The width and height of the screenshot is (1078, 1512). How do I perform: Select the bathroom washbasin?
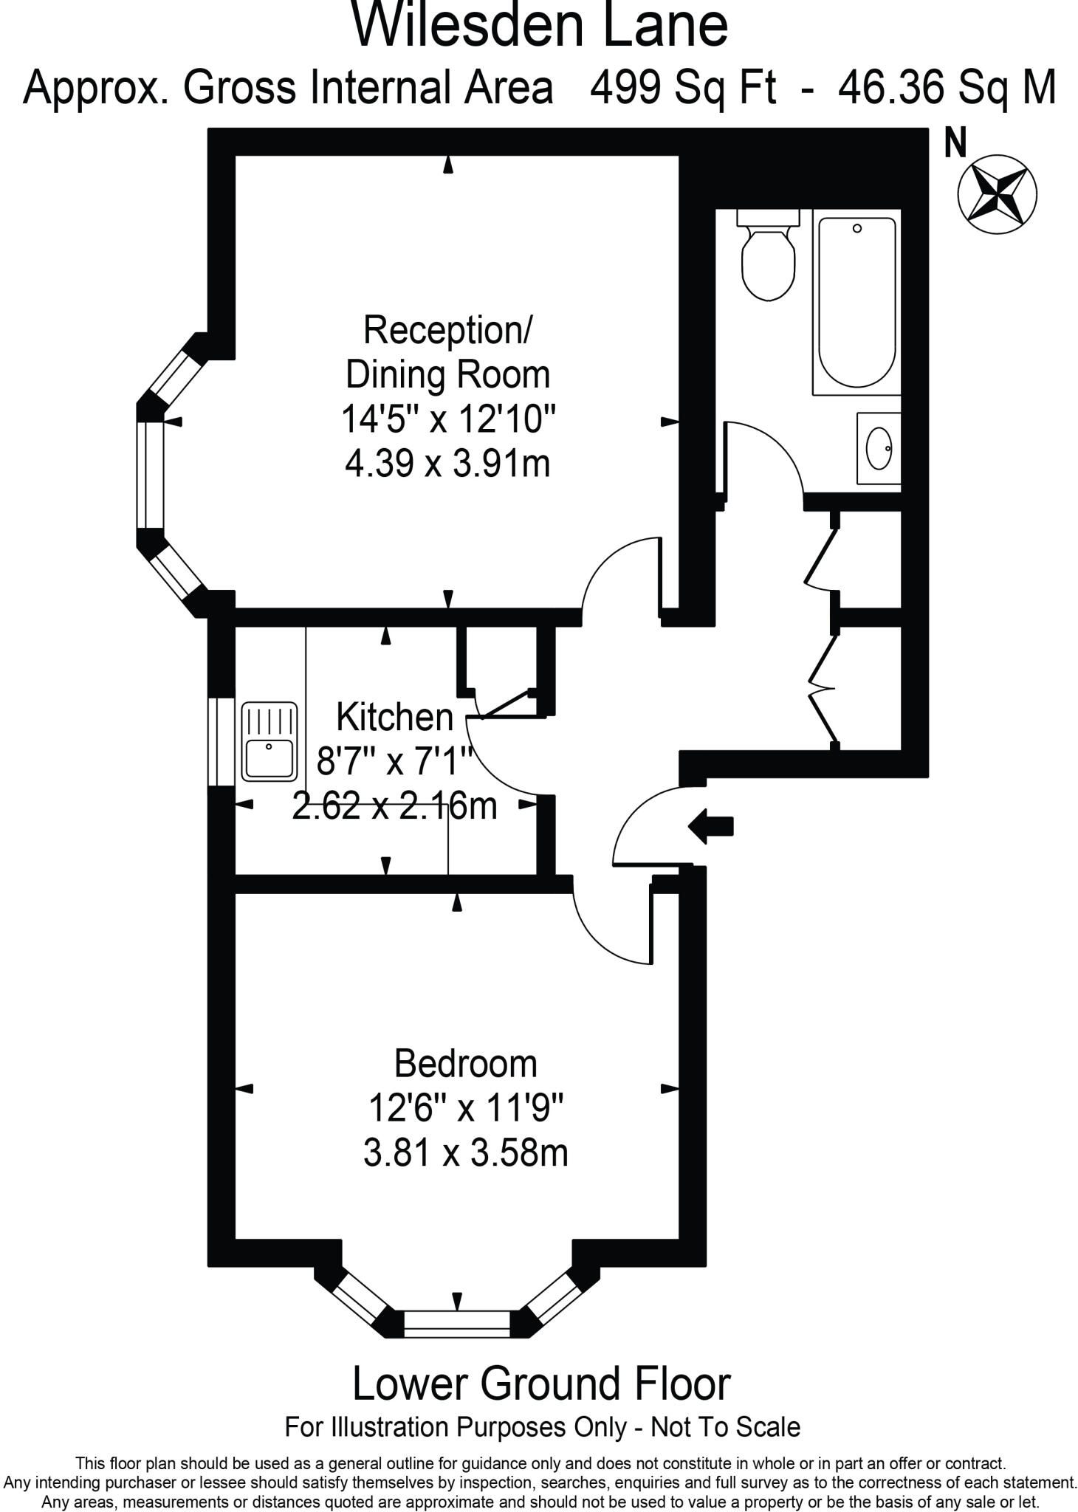point(879,448)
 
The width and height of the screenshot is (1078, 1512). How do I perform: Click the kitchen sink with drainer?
point(269,741)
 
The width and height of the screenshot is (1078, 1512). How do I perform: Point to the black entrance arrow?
point(710,825)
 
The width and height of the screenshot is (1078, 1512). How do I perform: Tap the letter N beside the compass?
point(955,143)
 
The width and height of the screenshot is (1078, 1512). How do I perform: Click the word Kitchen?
point(394,717)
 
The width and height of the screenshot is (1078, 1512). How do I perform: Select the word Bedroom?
point(465,1064)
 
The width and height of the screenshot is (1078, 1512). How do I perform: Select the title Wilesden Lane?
point(540,26)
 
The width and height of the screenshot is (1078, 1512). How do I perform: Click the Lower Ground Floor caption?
point(541,1384)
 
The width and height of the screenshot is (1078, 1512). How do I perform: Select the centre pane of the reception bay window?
point(150,475)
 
